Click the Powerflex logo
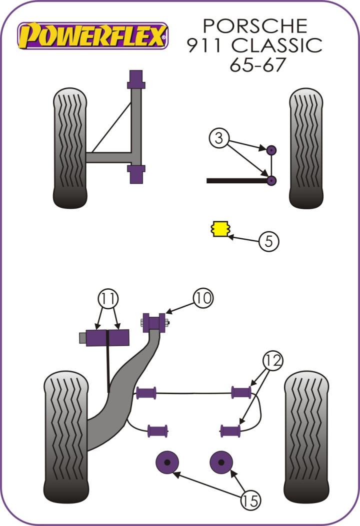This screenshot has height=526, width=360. (x=92, y=36)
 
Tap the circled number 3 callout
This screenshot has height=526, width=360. (x=218, y=137)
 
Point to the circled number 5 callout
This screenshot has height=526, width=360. (x=268, y=242)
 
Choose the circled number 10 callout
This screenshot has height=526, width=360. (x=202, y=298)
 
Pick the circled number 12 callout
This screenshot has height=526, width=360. (x=273, y=360)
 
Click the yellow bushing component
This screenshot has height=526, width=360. (x=219, y=228)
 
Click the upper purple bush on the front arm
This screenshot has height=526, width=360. (x=136, y=79)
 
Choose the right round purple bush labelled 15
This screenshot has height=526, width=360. (x=222, y=462)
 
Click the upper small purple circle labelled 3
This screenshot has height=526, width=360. (x=271, y=149)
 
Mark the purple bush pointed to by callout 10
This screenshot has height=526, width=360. (x=154, y=322)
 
